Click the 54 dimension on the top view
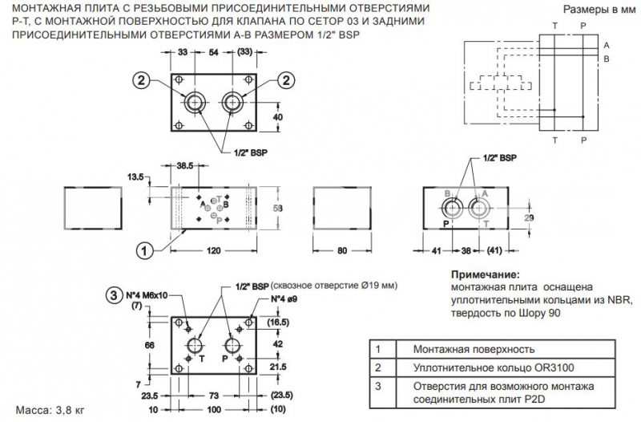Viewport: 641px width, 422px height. point(214,52)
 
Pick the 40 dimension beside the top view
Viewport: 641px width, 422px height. point(278,117)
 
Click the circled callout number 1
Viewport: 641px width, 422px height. point(144,250)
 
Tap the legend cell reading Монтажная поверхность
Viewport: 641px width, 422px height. point(473,350)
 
